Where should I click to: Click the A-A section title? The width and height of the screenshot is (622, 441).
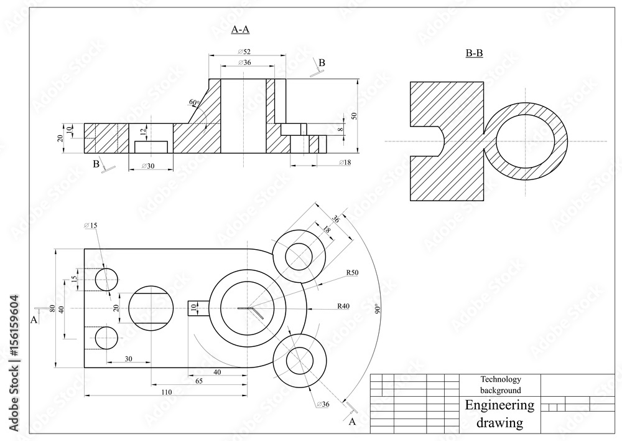240,29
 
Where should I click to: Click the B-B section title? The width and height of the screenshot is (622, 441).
475,54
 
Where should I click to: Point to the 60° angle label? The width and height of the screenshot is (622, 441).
193,102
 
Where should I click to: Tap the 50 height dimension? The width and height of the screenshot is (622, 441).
354,116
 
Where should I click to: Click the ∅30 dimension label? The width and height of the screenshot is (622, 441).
149,165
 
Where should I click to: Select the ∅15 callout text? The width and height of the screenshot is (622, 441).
91,225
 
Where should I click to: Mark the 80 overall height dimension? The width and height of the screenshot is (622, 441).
52,308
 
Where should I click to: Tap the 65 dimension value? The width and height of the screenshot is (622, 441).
198,381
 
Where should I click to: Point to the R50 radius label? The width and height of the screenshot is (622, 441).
352,273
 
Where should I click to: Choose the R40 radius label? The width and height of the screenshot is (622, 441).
343,306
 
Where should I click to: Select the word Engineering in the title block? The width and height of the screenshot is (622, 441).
499,405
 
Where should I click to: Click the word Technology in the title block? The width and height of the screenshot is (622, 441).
500,379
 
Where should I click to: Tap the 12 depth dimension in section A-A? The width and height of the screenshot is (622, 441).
143,131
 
